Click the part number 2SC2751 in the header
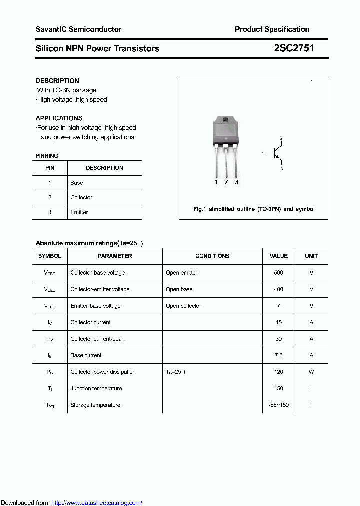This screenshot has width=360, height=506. click(294, 48)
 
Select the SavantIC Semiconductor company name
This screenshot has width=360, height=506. click(78, 29)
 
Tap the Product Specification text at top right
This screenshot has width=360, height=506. click(272, 29)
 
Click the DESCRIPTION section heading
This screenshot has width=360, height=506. click(57, 81)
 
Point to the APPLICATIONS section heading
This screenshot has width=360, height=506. click(59, 118)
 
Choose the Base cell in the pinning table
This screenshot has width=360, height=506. click(77, 183)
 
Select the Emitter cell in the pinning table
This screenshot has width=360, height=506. click(79, 212)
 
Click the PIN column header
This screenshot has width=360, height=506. click(50, 168)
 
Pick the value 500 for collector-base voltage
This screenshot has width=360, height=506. click(278, 273)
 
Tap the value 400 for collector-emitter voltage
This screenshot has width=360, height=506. click(278, 289)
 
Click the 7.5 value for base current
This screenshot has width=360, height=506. click(278, 355)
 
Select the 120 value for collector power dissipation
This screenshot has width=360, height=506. click(278, 372)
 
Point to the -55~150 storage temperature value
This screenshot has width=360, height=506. click(278, 405)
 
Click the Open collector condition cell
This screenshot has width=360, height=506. click(183, 306)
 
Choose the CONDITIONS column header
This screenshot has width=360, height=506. click(212, 256)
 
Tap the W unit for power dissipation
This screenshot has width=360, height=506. click(311, 372)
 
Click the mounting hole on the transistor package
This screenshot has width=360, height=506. click(225, 120)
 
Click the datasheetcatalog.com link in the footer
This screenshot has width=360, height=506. click(97, 503)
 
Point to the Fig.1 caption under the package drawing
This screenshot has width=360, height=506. click(254, 209)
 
